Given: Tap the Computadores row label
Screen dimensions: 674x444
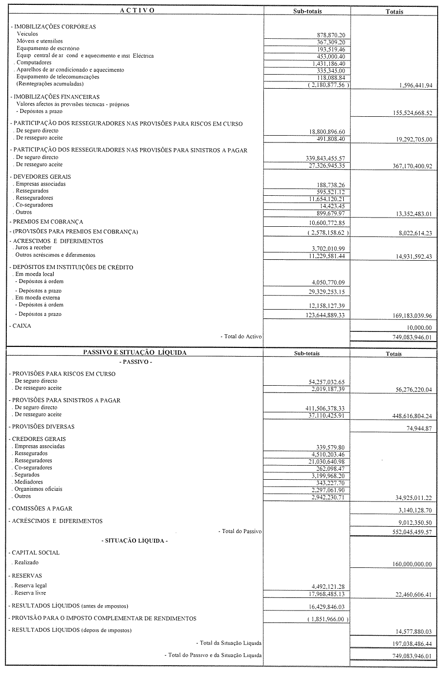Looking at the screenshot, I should pyautogui.click(x=34, y=63).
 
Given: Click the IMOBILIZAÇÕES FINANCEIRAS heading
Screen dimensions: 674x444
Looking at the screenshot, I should pyautogui.click(x=56, y=97).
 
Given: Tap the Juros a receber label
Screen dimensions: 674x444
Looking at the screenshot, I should pyautogui.click(x=33, y=248).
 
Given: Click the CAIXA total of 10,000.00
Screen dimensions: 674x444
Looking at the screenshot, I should pyautogui.click(x=419, y=328).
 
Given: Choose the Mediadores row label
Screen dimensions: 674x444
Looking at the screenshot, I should pyautogui.click(x=29, y=482).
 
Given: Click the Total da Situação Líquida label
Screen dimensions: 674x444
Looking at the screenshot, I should pyautogui.click(x=230, y=643).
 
